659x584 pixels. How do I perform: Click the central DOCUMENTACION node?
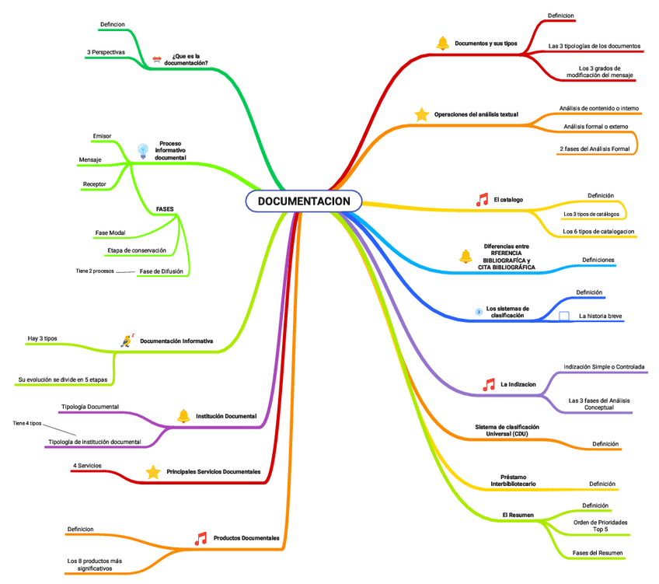(x=304, y=202)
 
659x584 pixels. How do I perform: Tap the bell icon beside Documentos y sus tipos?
(x=442, y=44)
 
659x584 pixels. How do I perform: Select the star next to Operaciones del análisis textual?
(x=422, y=115)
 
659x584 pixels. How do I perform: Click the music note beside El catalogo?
(x=482, y=200)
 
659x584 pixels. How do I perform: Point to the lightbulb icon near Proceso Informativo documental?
(x=142, y=151)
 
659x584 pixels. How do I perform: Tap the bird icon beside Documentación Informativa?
(x=127, y=341)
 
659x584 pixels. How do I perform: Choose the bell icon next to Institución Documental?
(x=183, y=416)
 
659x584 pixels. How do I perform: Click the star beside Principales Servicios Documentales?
(x=153, y=472)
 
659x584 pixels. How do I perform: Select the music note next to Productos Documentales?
(x=200, y=538)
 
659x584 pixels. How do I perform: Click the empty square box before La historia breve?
(x=564, y=316)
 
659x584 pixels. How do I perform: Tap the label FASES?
(x=165, y=209)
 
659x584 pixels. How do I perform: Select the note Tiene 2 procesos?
(x=95, y=271)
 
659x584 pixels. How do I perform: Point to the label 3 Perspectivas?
(x=106, y=52)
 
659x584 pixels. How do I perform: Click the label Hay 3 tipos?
(x=42, y=338)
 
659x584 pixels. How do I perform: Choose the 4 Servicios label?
(x=86, y=465)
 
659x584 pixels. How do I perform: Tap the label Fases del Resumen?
(x=598, y=553)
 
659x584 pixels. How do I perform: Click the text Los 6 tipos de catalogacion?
(x=598, y=231)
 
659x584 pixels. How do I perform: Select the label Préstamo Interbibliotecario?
(x=513, y=481)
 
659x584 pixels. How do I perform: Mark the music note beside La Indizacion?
(x=489, y=384)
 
